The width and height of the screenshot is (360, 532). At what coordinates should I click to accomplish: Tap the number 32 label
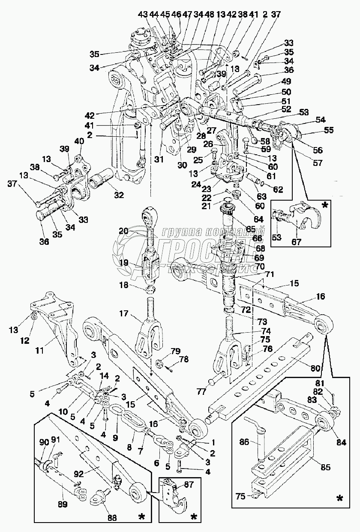coord(118,195)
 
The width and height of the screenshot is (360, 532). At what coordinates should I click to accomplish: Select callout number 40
coord(80,142)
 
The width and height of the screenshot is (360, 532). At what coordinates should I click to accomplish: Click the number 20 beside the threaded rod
coord(124,231)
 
